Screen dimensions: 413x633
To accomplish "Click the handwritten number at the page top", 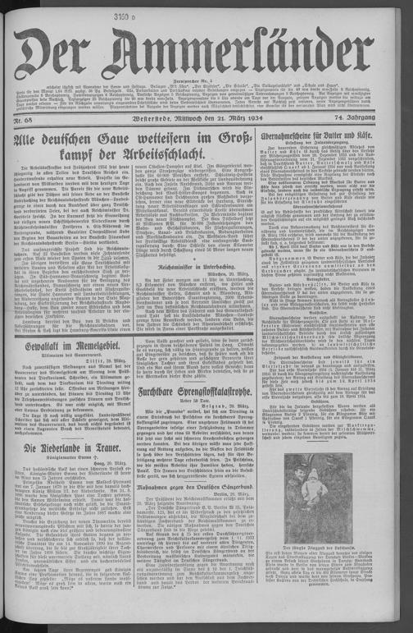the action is point(205,10).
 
